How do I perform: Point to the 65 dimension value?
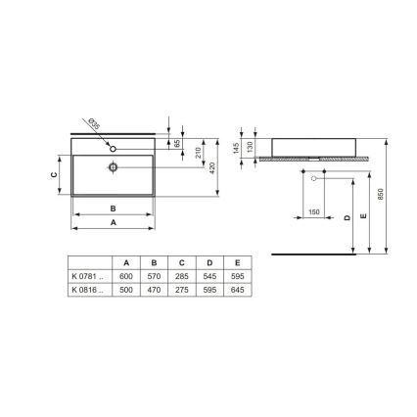click(x=178, y=143)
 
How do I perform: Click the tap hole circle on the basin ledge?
click(x=115, y=148)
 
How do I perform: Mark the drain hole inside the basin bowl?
click(x=114, y=167)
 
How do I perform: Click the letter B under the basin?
click(x=113, y=208)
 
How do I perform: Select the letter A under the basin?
click(x=113, y=222)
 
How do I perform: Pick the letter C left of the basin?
click(x=54, y=176)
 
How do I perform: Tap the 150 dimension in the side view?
click(x=313, y=210)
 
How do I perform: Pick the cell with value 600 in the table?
click(x=125, y=277)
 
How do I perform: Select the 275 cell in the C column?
click(x=181, y=289)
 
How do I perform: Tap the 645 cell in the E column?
click(x=237, y=289)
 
